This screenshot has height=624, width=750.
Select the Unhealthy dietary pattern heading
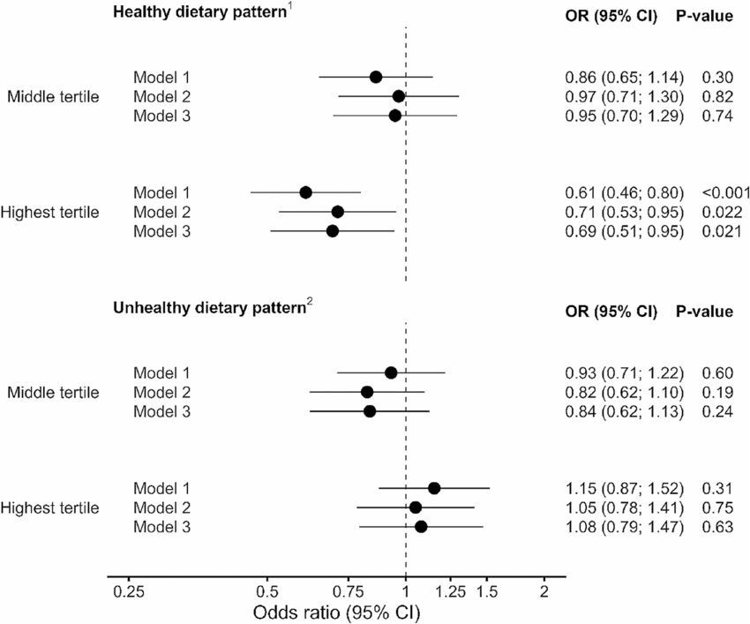pyautogui.click(x=209, y=310)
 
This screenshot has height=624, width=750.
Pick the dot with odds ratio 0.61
pyautogui.click(x=305, y=192)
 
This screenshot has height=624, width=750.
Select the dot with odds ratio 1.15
pyautogui.click(x=434, y=488)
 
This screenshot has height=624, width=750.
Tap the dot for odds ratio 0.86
pyautogui.click(x=376, y=77)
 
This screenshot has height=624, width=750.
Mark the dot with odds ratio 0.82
pyautogui.click(x=367, y=392)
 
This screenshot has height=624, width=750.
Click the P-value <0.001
pyautogui.click(x=725, y=192)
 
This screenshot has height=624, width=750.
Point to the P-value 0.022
pyautogui.click(x=719, y=212)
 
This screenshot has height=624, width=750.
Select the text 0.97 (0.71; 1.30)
pyautogui.click(x=623, y=96)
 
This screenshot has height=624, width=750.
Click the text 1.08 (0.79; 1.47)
pyautogui.click(x=623, y=527)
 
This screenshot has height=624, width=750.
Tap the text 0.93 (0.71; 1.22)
pyautogui.click(x=623, y=372)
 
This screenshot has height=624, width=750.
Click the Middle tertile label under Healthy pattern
pyautogui.click(x=52, y=96)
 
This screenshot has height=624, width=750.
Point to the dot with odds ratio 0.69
pyautogui.click(x=332, y=231)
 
